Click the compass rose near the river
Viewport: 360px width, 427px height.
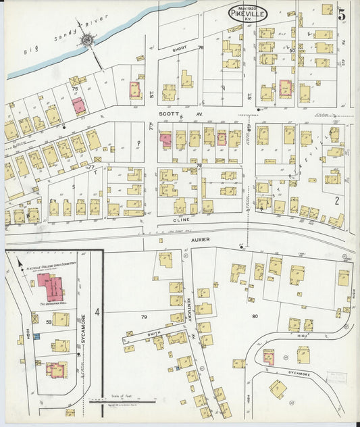88,41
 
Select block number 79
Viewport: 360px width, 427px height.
143,316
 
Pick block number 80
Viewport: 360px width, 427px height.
255,316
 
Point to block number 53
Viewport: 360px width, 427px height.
49,322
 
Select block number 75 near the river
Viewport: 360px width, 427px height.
75,88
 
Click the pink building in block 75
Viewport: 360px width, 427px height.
79,105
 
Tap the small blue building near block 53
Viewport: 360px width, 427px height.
37,335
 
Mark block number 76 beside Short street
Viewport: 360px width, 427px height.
201,47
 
